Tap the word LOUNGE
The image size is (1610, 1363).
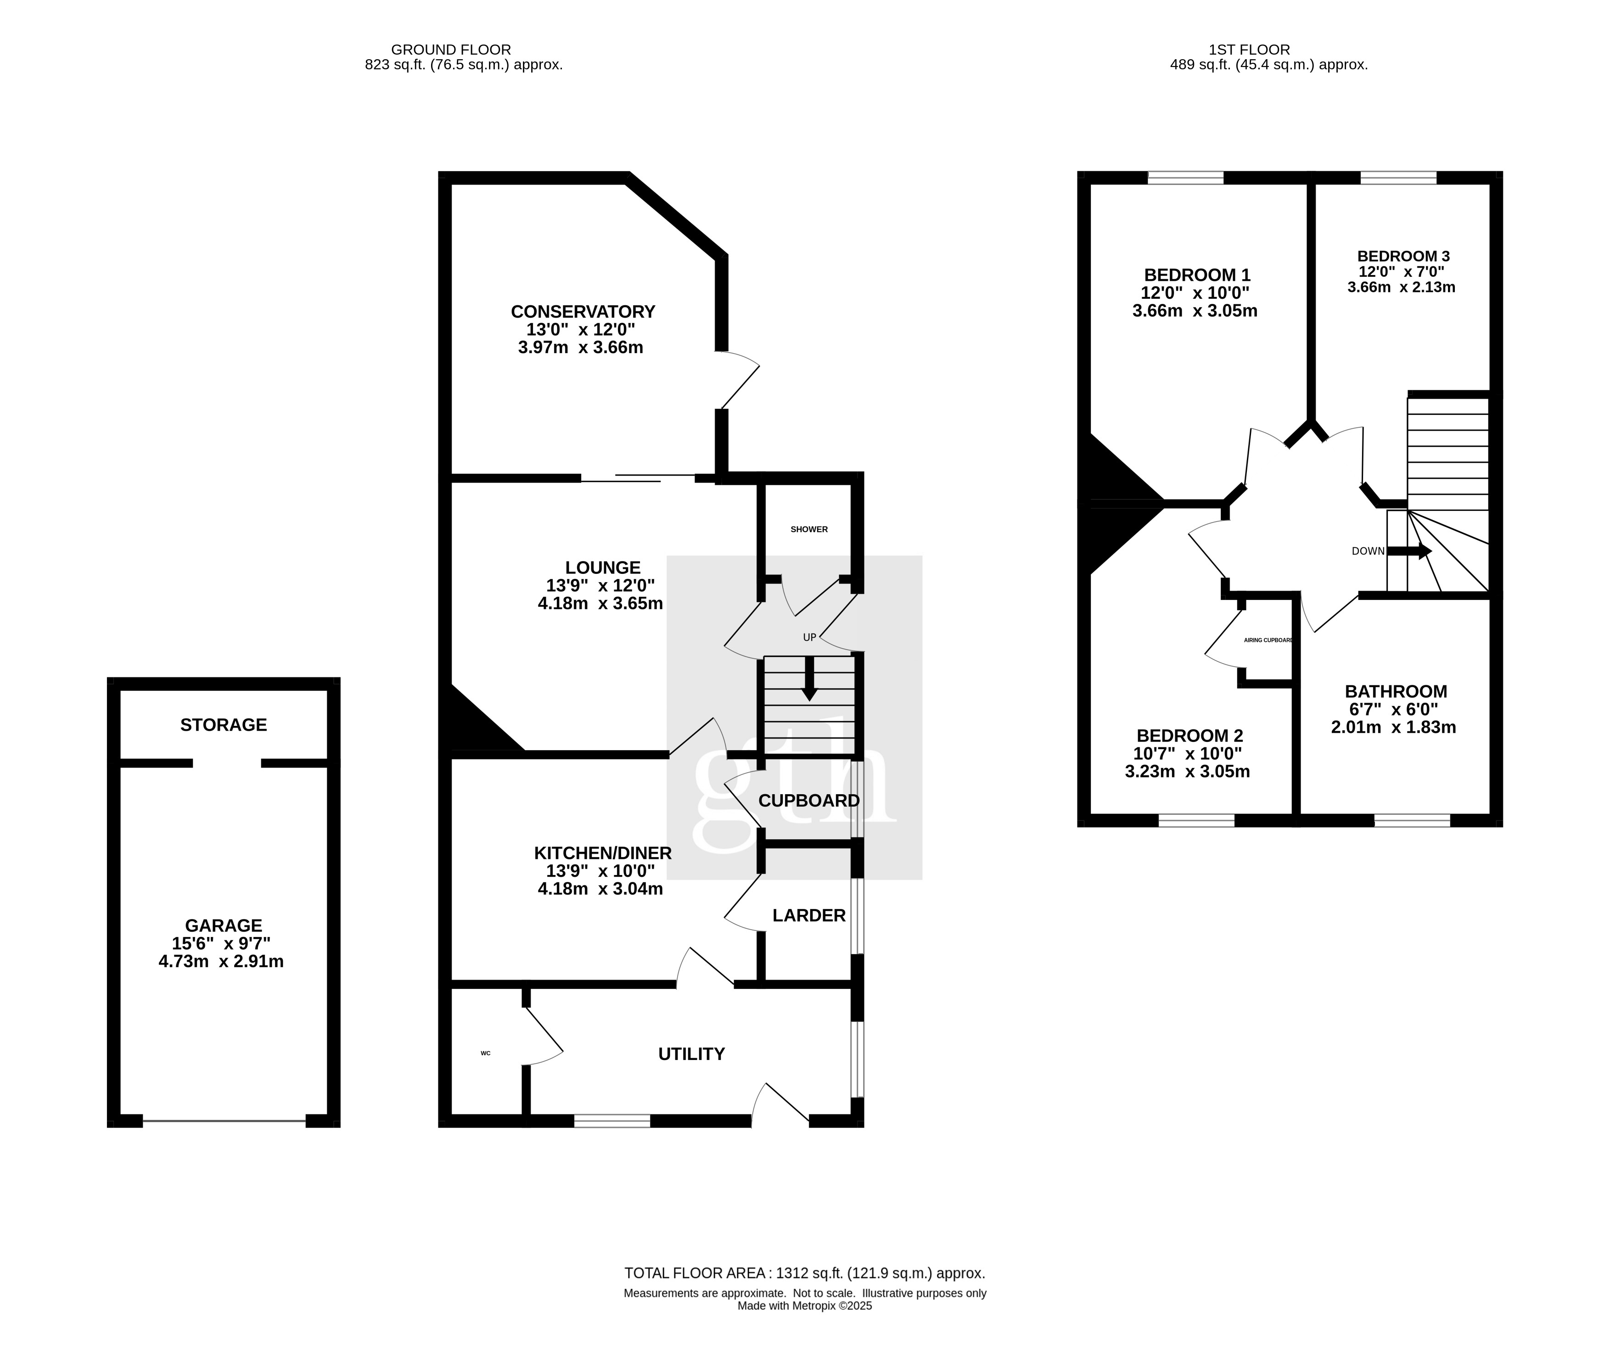[603, 568]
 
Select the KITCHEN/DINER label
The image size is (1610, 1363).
[603, 853]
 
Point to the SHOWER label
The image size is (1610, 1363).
[809, 529]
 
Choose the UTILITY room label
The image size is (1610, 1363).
[691, 1054]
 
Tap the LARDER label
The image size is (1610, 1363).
[809, 915]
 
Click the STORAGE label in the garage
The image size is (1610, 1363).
[223, 725]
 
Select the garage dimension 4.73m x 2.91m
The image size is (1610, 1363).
[221, 961]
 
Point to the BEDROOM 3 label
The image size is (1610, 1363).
[1403, 256]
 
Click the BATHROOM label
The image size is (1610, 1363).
[1395, 691]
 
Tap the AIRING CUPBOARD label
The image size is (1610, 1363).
[1268, 640]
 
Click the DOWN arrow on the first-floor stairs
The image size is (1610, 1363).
[1409, 551]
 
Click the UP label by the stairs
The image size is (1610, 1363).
[809, 638]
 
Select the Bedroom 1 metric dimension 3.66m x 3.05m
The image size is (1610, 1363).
[1195, 311]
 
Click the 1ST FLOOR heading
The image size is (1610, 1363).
[1249, 50]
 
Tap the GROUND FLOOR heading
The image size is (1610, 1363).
[451, 50]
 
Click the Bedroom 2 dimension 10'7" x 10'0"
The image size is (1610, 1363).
[1187, 753]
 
